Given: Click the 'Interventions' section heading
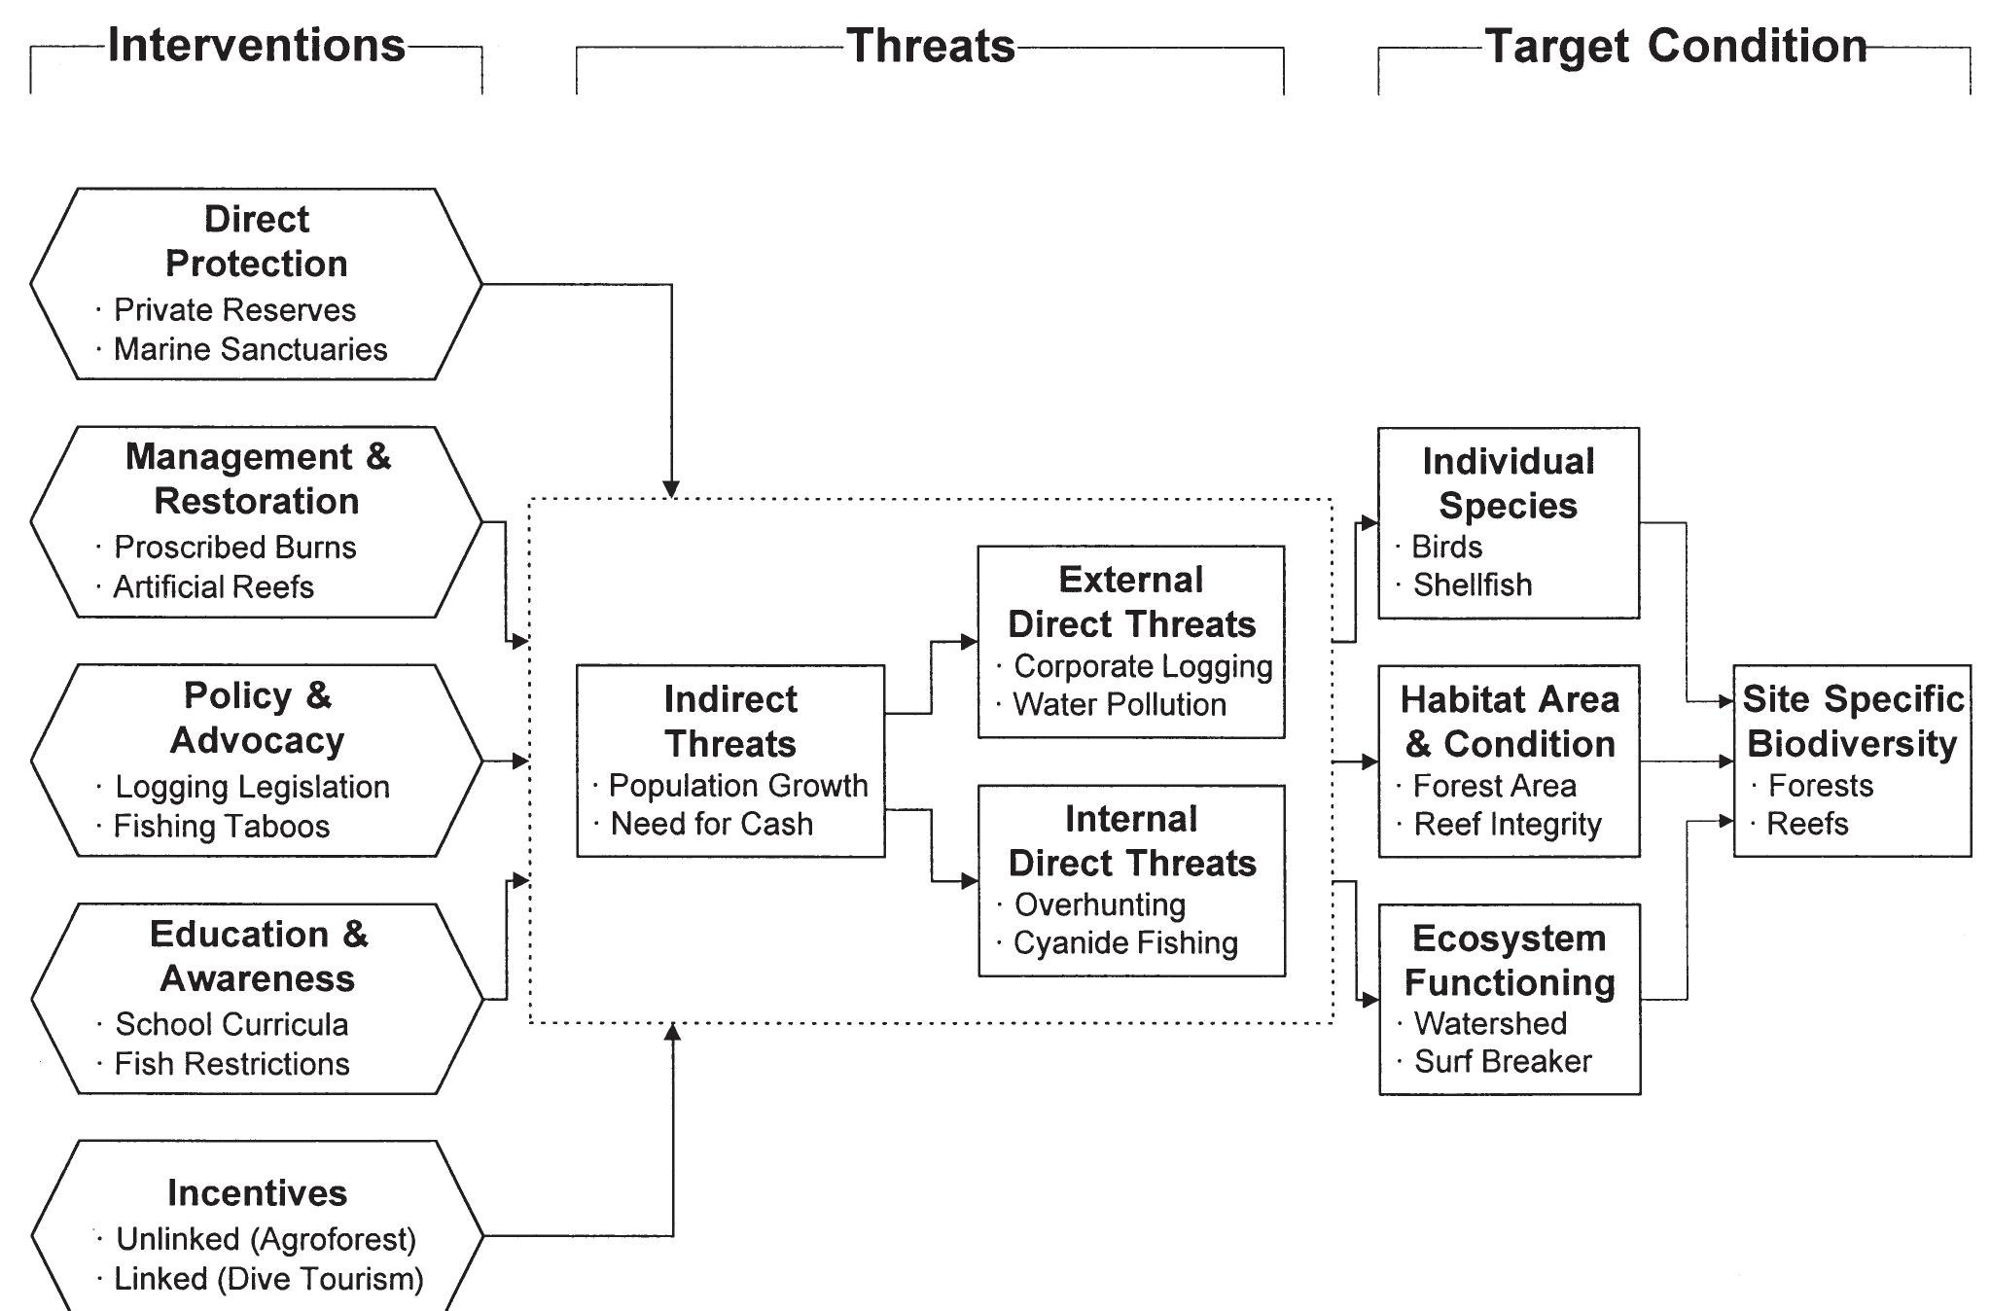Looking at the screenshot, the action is (256, 46).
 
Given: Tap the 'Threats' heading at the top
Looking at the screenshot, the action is (931, 46).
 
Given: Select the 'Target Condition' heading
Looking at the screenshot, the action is (1676, 46).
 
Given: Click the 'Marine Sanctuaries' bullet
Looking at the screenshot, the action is (250, 349).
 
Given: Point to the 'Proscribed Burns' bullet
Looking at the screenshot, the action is (234, 548).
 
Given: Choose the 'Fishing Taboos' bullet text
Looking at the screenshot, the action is (222, 827).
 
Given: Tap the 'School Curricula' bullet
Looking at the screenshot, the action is (231, 1024).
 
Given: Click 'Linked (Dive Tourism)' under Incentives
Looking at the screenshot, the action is (268, 1279).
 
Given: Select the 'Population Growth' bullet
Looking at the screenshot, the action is (738, 786).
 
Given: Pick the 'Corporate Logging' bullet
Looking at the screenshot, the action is (1143, 666).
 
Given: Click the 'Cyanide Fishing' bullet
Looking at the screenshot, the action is (1125, 943).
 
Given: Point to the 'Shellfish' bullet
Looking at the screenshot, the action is (1473, 585).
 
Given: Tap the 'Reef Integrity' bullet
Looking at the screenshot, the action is (1508, 825).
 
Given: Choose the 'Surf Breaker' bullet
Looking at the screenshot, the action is (1503, 1061).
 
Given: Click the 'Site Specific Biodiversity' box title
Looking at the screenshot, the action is (1853, 721).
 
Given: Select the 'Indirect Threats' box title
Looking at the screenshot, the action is (730, 721).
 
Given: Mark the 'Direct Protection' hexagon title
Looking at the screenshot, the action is (257, 241).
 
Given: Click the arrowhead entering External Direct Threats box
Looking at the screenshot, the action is (970, 642).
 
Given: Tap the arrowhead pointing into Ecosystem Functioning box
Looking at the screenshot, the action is (1370, 999).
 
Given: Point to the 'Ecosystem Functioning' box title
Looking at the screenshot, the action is (1510, 960).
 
